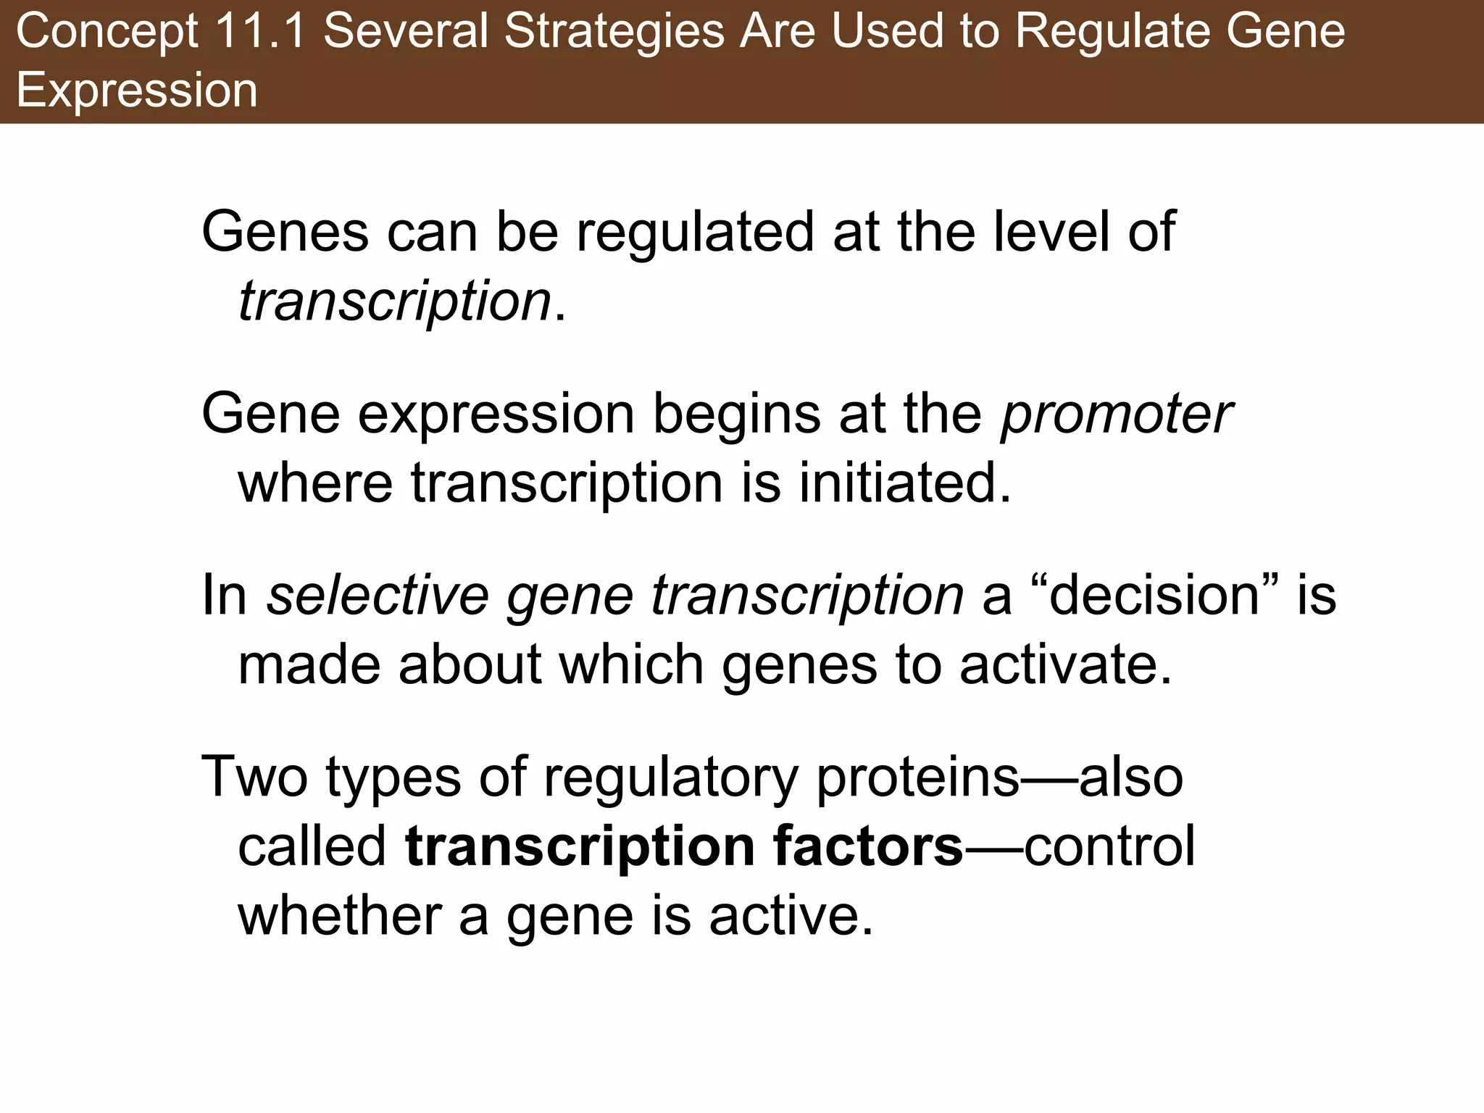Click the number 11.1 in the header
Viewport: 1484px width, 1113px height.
(x=259, y=32)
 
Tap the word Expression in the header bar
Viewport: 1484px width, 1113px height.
(x=137, y=91)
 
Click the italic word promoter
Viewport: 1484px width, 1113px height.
(x=1116, y=414)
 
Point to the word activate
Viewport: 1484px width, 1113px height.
(x=1065, y=664)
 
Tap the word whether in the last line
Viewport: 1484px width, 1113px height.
(x=339, y=915)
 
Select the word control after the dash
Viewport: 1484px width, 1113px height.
(x=1109, y=846)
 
